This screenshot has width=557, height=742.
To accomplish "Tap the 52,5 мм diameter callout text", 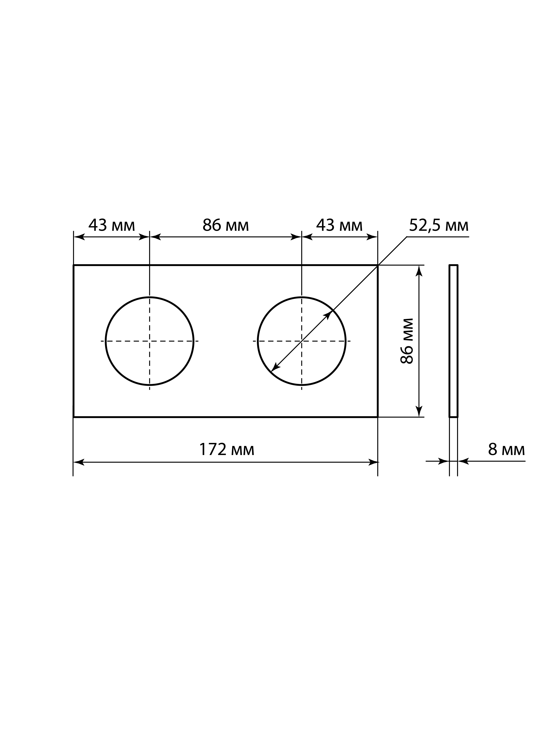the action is point(439,226).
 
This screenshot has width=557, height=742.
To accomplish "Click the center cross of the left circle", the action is point(150,341).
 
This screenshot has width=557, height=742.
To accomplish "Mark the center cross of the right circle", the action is point(302,341).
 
